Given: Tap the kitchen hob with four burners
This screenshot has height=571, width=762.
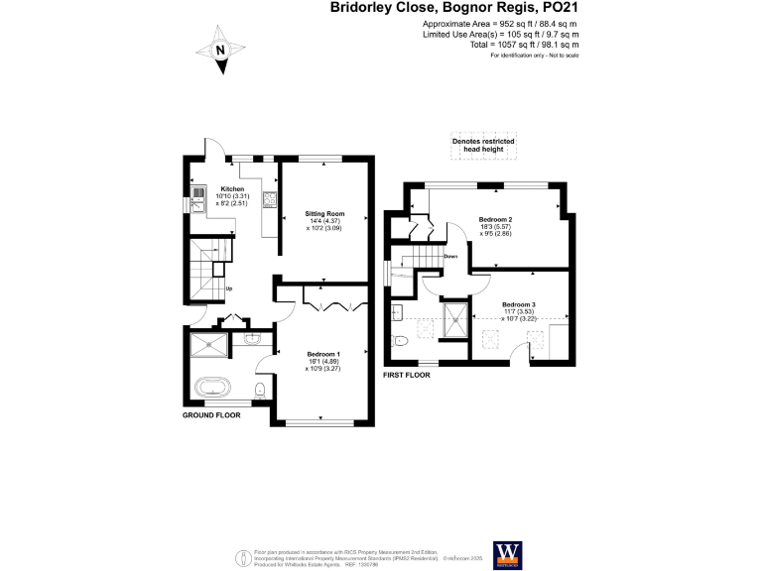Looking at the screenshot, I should click(x=269, y=201).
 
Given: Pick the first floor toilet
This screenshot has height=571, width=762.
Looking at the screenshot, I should click(x=400, y=342).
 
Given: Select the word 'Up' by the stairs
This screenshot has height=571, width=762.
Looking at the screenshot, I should click(x=230, y=289).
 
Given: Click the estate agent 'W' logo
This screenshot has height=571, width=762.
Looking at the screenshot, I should click(x=506, y=551).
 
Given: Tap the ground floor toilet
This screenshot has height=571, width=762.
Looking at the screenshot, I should click(x=259, y=390).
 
